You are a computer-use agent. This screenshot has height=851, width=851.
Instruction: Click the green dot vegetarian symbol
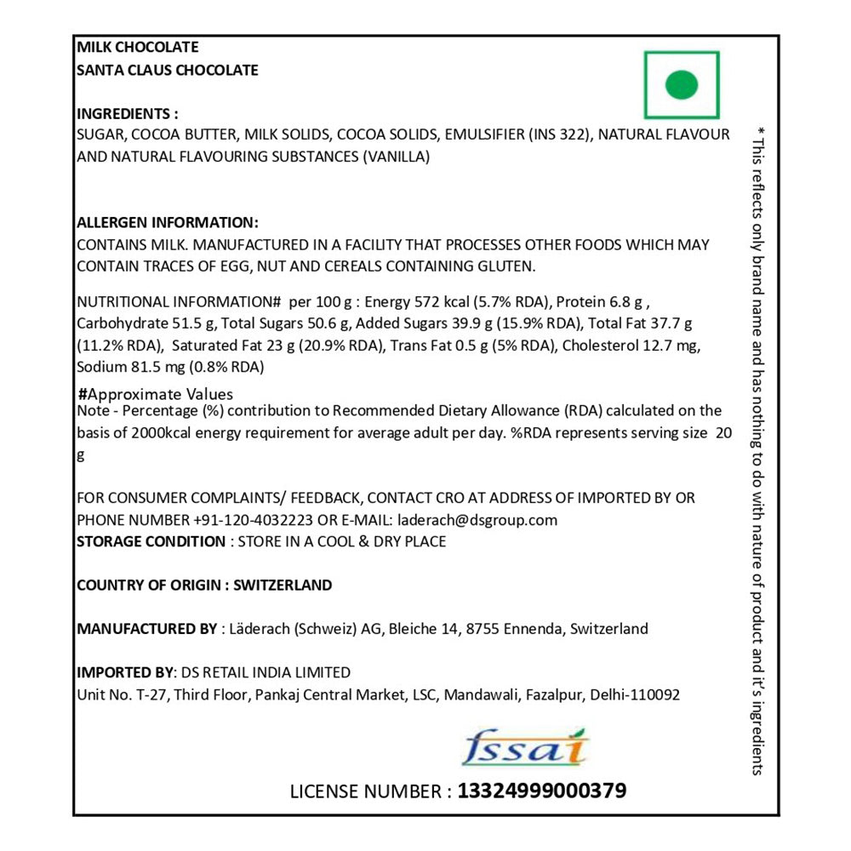[x=682, y=84]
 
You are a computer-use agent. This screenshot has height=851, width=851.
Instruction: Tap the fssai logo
[x=526, y=748]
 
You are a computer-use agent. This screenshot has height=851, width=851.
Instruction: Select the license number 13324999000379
[x=542, y=791]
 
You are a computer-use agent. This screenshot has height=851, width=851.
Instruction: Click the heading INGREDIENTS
[x=128, y=113]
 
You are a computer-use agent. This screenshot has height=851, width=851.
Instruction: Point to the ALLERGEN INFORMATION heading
[x=168, y=223]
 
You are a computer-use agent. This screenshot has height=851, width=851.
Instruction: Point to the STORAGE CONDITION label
[x=151, y=541]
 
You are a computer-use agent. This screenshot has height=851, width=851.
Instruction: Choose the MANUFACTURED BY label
[x=146, y=629]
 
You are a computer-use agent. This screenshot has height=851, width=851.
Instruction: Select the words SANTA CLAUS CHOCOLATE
[x=168, y=70]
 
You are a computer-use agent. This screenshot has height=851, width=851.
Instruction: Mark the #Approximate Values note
[x=155, y=394]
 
